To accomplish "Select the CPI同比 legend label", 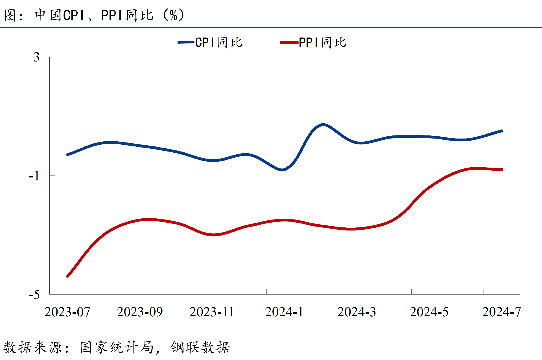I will point(219,43).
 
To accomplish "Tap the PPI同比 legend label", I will point(323,43).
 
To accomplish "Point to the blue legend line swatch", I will point(186,42).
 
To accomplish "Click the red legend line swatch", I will point(289,42).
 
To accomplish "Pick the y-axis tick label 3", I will point(37,57).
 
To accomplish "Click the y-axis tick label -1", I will point(34,176).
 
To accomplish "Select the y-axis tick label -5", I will point(34,295).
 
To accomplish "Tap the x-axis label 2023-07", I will point(67,312).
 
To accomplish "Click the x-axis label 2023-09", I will point(140,312).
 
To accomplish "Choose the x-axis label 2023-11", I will point(212,312).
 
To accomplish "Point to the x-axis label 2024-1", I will point(284,312).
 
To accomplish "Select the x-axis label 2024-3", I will point(357,312).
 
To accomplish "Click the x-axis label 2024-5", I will point(429,312).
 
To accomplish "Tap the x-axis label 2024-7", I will point(501,312).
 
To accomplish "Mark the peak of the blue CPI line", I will point(323,124).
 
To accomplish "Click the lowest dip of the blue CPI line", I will point(282,170).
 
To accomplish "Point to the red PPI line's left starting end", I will point(67,276).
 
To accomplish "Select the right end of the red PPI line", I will point(502,170).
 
